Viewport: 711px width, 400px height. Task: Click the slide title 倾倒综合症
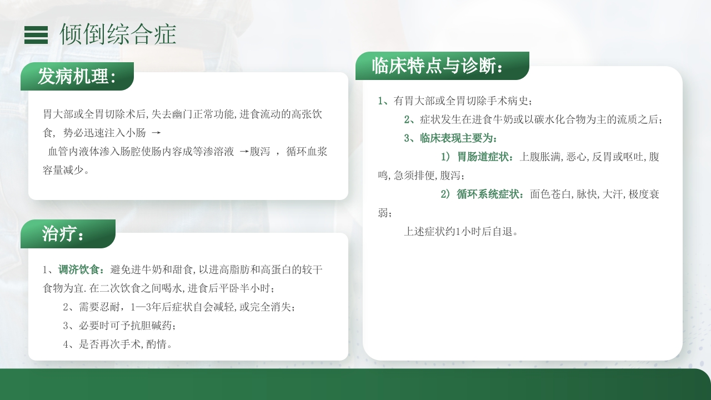pyautogui.click(x=118, y=34)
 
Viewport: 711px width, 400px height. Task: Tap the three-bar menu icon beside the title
pyautogui.click(x=36, y=35)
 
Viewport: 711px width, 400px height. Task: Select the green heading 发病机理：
pyautogui.click(x=77, y=77)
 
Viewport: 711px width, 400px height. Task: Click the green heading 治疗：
pyautogui.click(x=64, y=234)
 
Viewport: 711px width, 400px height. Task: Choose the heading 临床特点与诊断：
pyautogui.click(x=438, y=66)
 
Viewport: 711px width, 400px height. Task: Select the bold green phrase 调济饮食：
pyautogui.click(x=81, y=270)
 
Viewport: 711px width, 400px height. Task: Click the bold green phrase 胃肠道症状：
pyautogui.click(x=485, y=157)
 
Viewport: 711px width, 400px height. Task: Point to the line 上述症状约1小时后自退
pyautogui.click(x=461, y=232)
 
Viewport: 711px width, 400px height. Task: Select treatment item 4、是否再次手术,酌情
pyautogui.click(x=118, y=344)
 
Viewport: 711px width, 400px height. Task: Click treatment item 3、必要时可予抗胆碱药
pyautogui.click(x=119, y=326)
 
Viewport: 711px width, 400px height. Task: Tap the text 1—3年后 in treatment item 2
pyautogui.click(x=151, y=307)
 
